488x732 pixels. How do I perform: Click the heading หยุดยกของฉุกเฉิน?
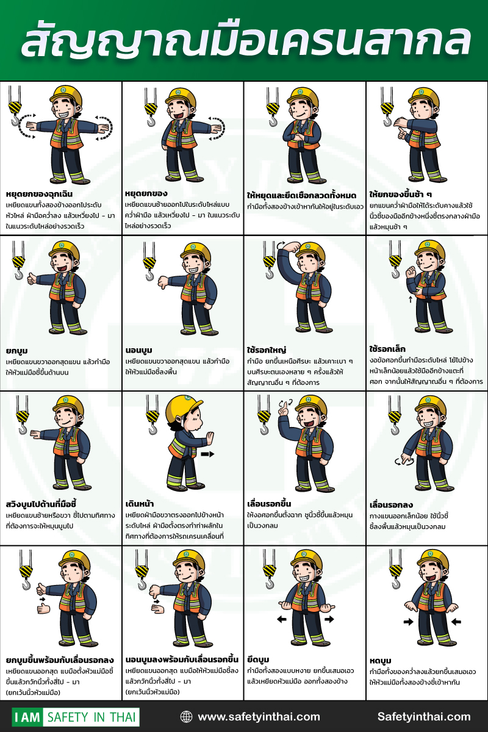pyautogui.click(x=39, y=194)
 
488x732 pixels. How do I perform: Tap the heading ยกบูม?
pyautogui.click(x=16, y=351)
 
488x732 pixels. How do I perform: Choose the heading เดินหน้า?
pyautogui.click(x=140, y=504)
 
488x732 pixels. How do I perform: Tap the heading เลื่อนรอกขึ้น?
pyautogui.click(x=269, y=504)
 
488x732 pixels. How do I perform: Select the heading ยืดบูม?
pyautogui.click(x=258, y=659)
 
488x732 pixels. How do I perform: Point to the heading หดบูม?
pyautogui.click(x=380, y=661)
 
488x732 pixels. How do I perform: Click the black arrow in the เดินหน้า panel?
pyautogui.click(x=207, y=454)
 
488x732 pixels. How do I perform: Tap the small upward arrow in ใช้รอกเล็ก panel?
pyautogui.click(x=411, y=299)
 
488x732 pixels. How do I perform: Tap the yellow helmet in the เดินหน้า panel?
pyautogui.click(x=184, y=407)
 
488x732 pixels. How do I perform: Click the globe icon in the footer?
pyautogui.click(x=186, y=717)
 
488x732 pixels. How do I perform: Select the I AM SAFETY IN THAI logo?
pyautogui.click(x=76, y=717)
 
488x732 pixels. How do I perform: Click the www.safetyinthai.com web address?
pyautogui.click(x=259, y=717)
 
